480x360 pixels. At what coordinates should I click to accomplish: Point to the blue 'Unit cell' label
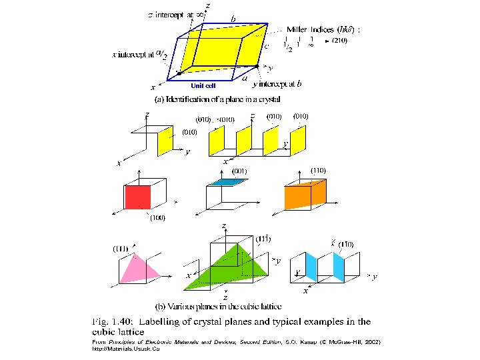click(203, 85)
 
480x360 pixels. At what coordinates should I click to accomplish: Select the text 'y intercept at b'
click(276, 84)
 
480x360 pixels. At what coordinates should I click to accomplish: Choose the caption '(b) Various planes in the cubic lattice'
click(218, 307)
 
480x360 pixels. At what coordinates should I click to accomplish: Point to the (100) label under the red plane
click(157, 217)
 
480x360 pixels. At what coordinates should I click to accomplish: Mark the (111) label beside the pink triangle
click(120, 249)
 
